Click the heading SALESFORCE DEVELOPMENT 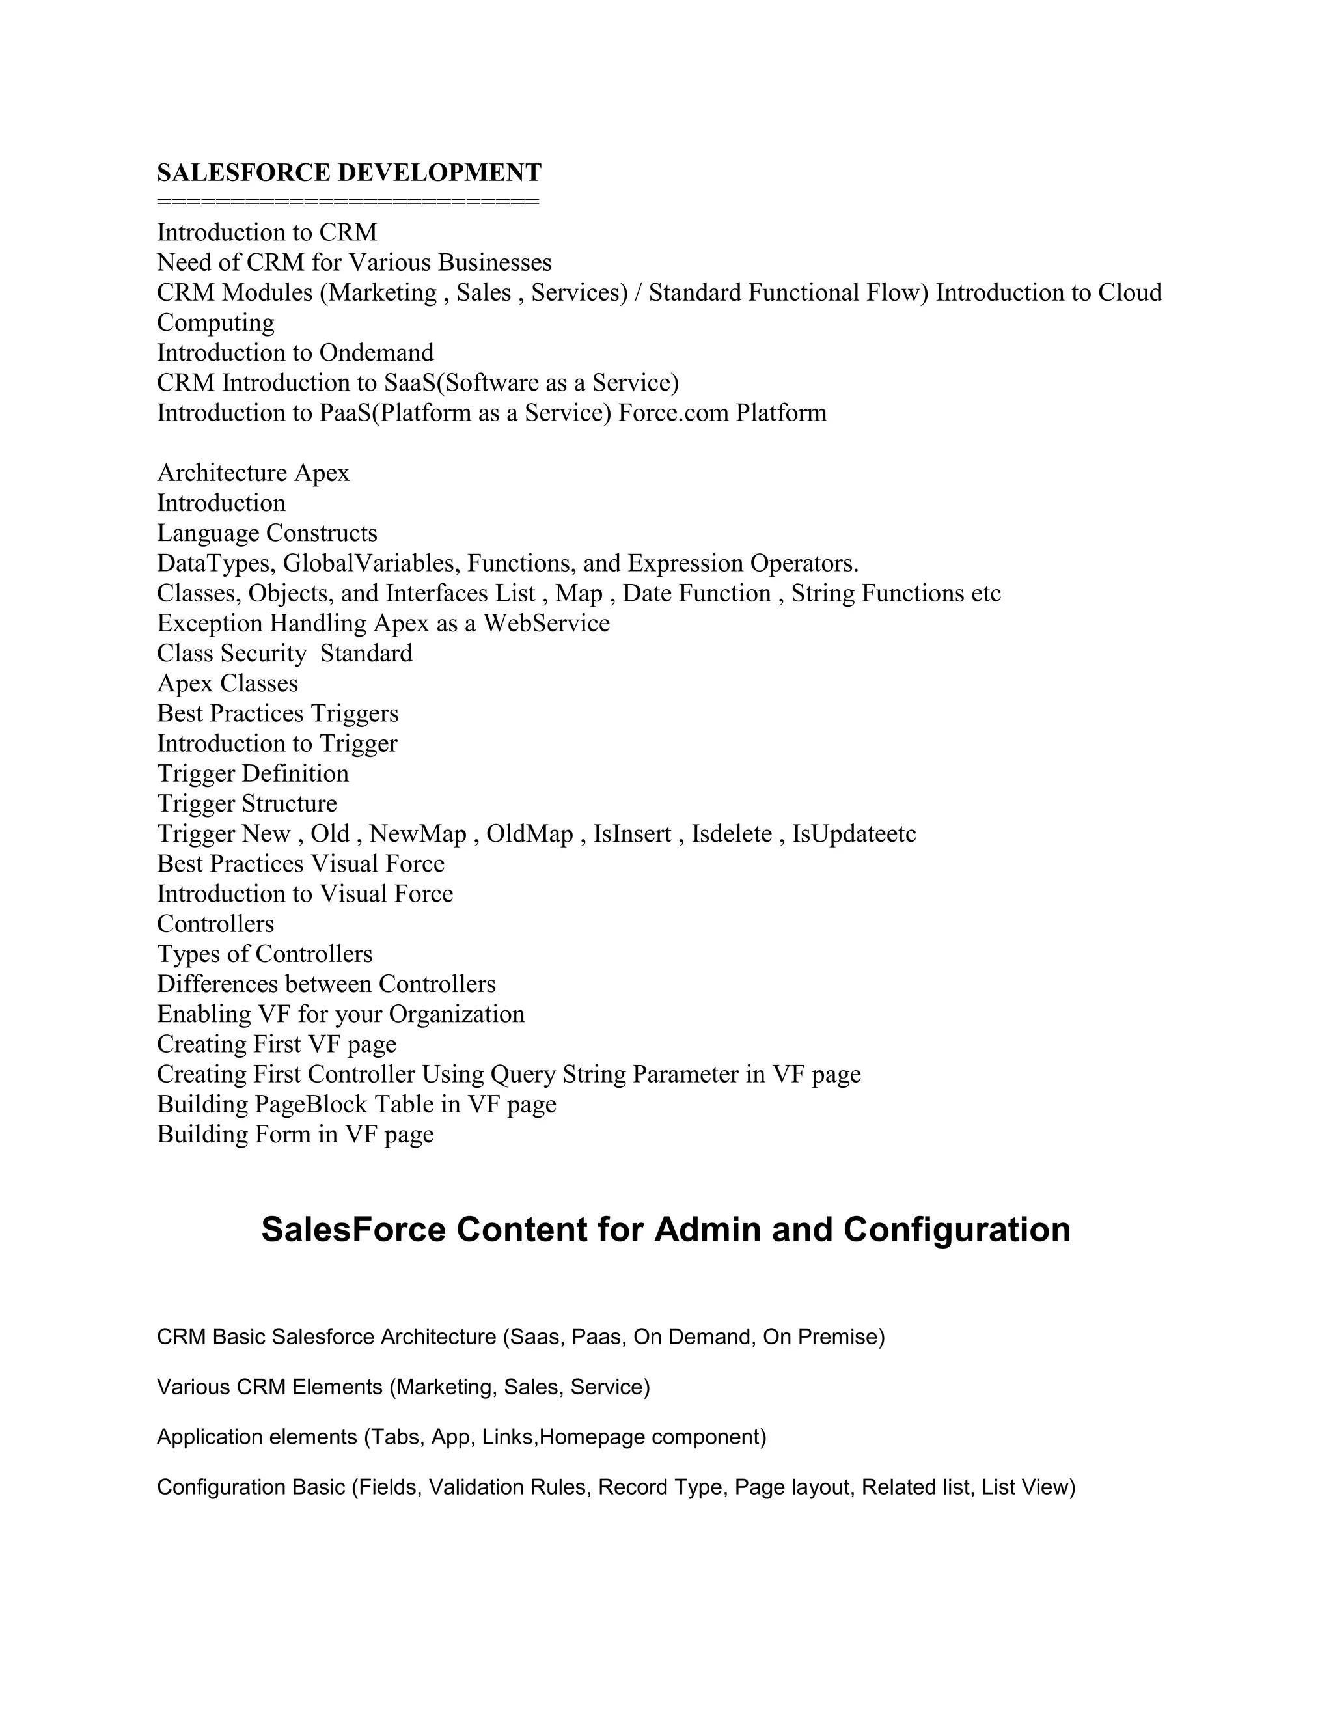tap(349, 172)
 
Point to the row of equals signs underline tap(348, 202)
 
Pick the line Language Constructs tap(267, 533)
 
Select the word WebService tap(547, 623)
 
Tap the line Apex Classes tap(227, 683)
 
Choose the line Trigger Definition tap(253, 773)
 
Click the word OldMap tap(529, 833)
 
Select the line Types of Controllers tap(264, 954)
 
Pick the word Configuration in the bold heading tap(956, 1230)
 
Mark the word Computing tap(215, 322)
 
